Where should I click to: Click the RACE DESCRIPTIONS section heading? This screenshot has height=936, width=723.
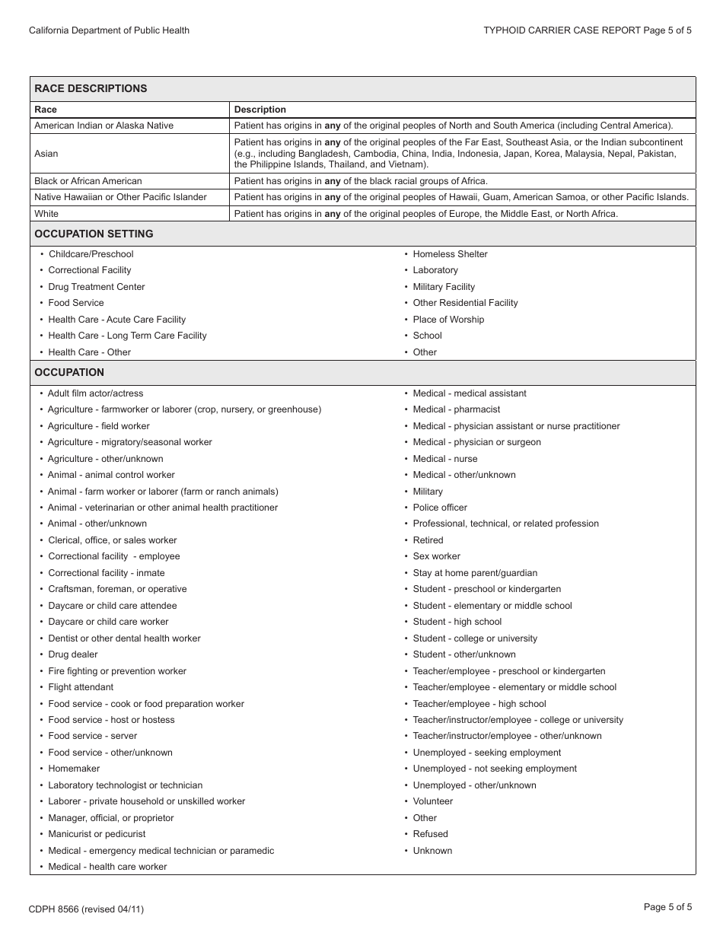(91, 88)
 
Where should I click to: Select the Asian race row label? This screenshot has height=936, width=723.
(46, 154)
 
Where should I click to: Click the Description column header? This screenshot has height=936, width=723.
(260, 110)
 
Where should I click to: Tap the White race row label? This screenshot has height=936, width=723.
(46, 214)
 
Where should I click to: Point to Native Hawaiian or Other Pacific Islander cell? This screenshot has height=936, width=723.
(120, 197)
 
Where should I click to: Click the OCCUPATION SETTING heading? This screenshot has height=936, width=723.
(94, 234)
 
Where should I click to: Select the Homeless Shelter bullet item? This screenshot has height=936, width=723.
(450, 254)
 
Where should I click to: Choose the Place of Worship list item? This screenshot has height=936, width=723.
(448, 320)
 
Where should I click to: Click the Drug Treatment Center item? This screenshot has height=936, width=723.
(96, 287)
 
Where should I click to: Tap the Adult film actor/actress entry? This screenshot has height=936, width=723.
(95, 393)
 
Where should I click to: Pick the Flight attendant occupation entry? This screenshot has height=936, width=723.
(81, 687)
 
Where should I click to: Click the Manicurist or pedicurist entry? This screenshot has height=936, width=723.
(97, 834)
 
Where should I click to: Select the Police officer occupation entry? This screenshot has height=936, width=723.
(440, 508)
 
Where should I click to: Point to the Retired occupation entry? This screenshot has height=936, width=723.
(428, 540)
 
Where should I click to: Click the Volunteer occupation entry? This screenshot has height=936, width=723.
(432, 801)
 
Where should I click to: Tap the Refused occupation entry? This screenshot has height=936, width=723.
(430, 834)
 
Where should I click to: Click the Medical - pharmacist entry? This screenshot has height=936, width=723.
(456, 409)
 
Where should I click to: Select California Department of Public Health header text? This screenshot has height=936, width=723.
(109, 30)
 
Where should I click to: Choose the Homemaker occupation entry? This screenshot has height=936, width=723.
(74, 769)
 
